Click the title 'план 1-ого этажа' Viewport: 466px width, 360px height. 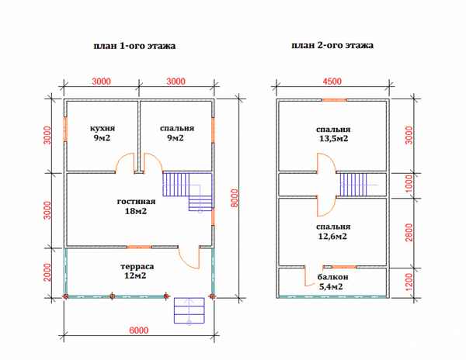pos(134,46)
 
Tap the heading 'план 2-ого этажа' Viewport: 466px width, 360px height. pos(332,46)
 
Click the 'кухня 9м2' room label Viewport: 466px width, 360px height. pos(103,133)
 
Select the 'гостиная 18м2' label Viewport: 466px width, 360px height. pos(136,206)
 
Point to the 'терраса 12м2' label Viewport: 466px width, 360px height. pos(137,271)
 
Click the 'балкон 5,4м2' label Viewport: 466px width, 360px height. pos(332,282)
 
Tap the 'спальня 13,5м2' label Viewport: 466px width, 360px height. pos(333,134)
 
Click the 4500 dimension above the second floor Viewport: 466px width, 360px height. pos(332,81)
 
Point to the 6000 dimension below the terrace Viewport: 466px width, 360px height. pos(139,331)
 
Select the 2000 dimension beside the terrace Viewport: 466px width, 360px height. pos(47,272)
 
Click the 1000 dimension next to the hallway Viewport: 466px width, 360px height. pos(409,183)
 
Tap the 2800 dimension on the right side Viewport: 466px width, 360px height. pos(409,233)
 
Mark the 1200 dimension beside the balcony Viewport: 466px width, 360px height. pos(409,282)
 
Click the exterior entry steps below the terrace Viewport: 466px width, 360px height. pos(190,310)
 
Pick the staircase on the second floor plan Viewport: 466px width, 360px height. pos(353,185)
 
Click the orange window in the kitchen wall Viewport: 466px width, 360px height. pos(65,130)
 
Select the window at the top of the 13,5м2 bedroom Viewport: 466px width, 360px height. pos(335,100)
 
